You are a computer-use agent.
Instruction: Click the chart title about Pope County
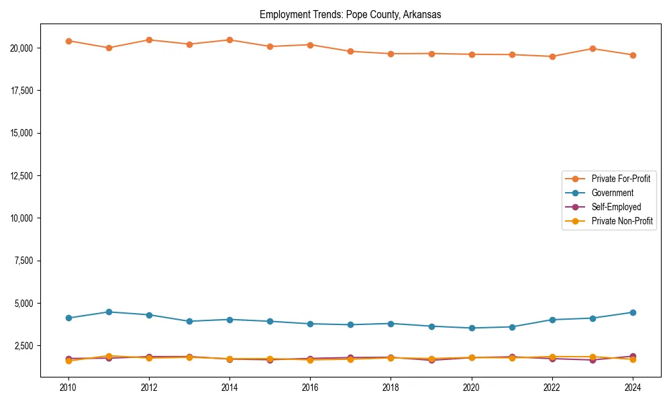tap(350, 15)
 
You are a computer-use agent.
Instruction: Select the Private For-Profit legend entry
tap(620, 179)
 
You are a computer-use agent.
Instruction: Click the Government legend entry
tap(612, 193)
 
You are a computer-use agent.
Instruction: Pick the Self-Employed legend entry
tap(616, 207)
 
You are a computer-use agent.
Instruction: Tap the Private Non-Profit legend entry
tap(622, 221)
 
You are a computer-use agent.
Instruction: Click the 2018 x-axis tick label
tap(391, 388)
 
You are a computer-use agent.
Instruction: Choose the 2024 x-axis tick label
tap(633, 388)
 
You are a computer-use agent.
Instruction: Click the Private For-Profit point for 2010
tap(68, 41)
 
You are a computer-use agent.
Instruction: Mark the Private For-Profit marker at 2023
tap(592, 48)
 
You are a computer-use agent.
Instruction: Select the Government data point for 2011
tap(109, 312)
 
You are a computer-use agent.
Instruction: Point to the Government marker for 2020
tap(472, 328)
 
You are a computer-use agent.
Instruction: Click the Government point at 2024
tap(633, 312)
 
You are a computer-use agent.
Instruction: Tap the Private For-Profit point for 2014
tap(229, 40)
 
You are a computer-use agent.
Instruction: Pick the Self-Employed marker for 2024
tap(633, 356)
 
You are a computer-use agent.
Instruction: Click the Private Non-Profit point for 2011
tap(109, 356)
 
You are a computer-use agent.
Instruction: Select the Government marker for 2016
tap(310, 324)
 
